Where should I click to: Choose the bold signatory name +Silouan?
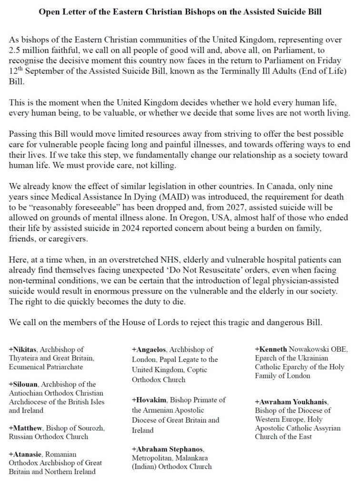[22, 384]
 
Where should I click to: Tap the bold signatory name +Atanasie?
[24, 454]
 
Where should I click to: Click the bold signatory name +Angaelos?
[148, 350]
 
